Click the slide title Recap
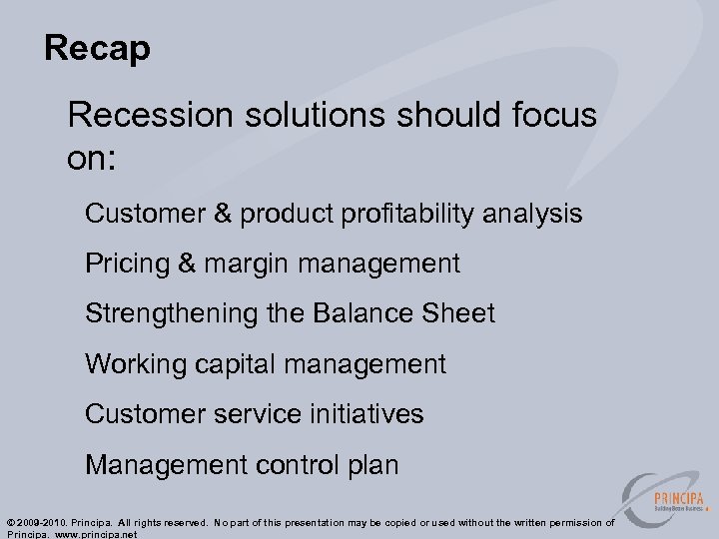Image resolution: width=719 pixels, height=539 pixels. point(97,48)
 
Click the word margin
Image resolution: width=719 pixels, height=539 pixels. point(246,265)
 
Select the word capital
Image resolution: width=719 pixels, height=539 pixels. point(234,364)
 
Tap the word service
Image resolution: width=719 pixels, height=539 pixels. point(264,414)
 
